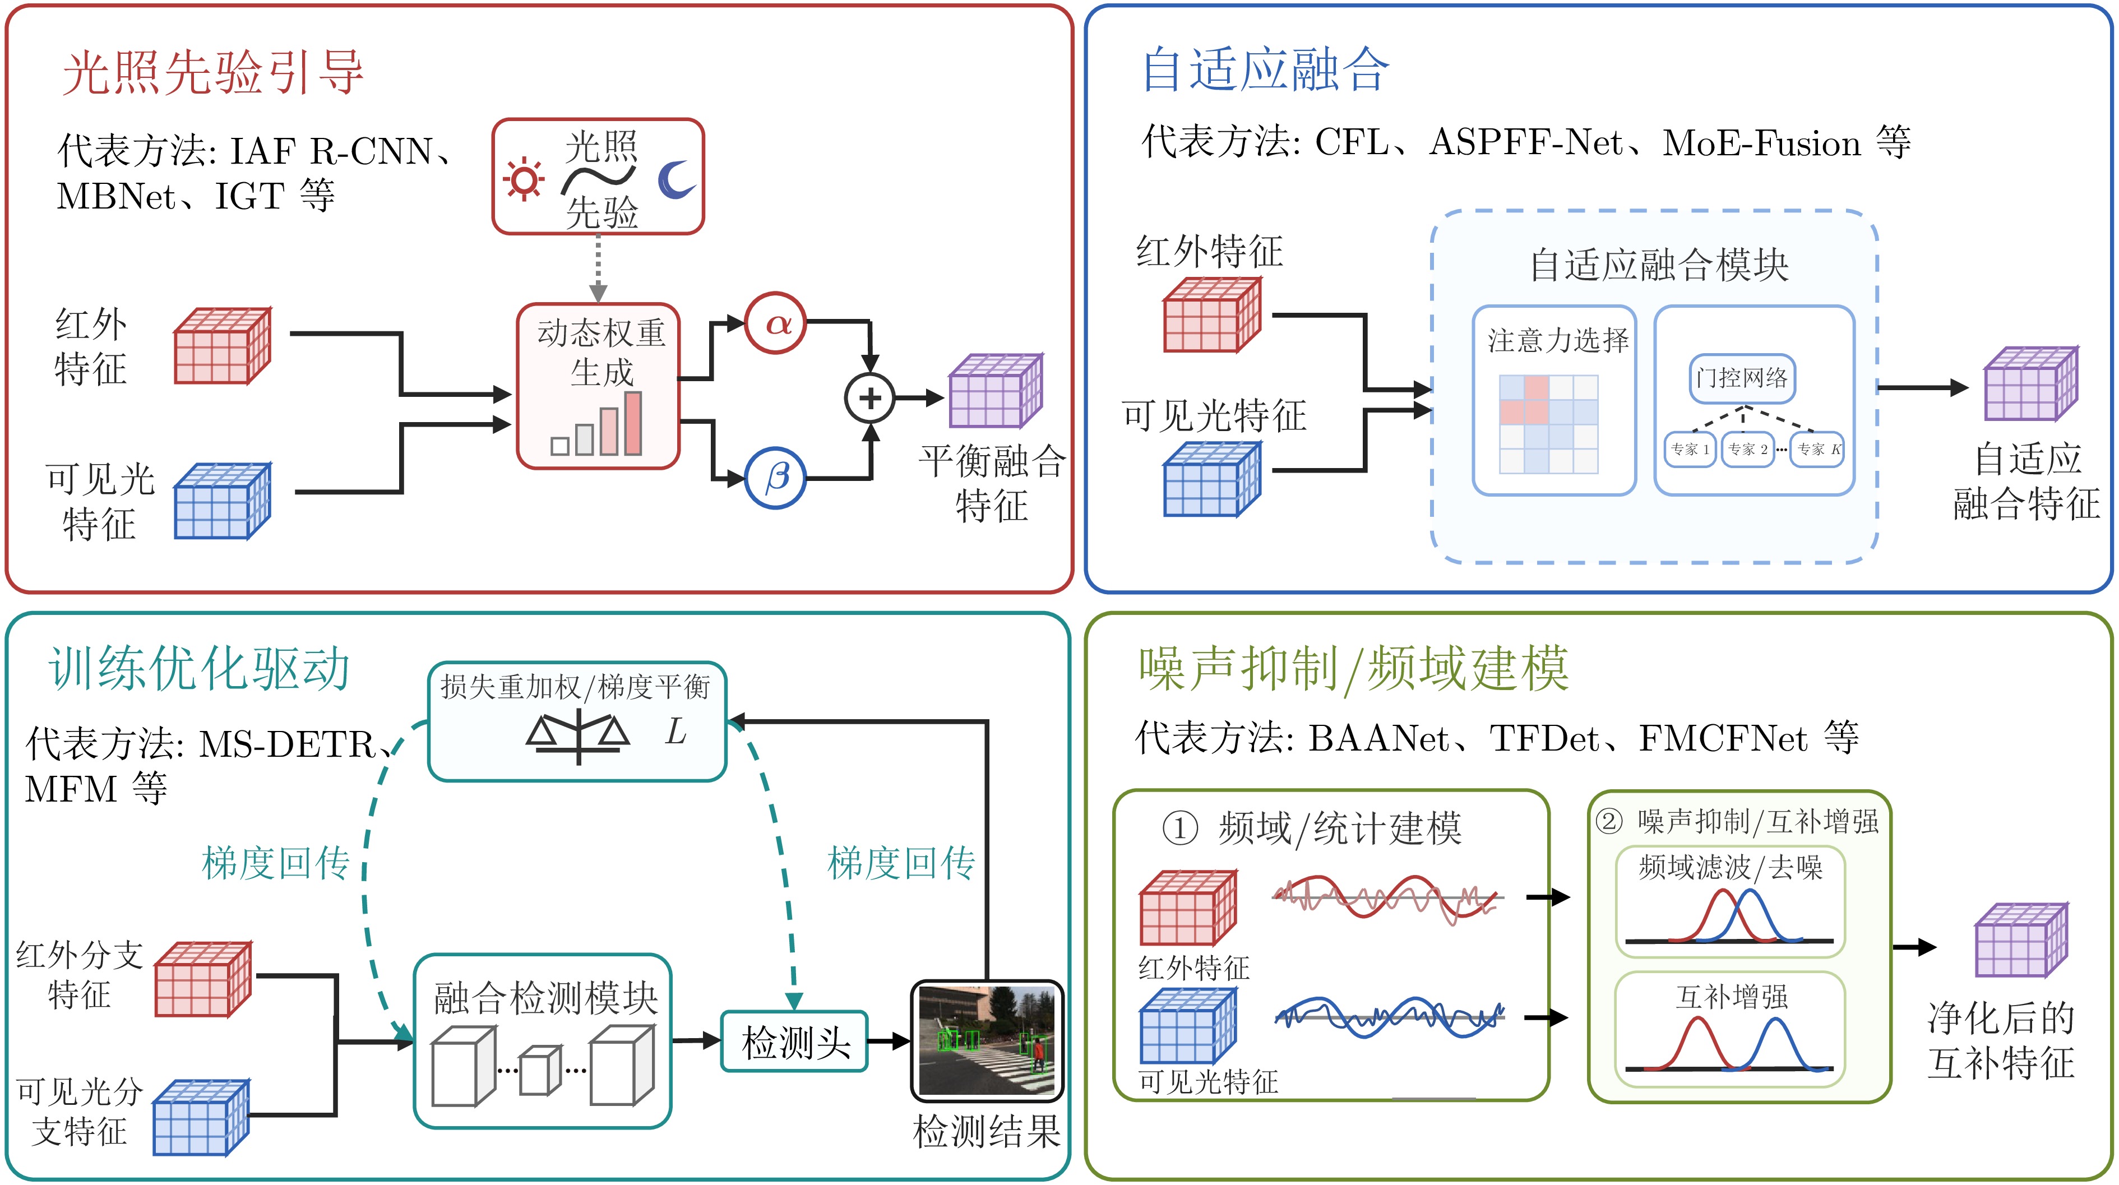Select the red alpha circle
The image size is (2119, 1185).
click(x=776, y=323)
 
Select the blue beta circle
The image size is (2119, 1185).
click(x=776, y=478)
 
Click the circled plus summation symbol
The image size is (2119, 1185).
click(x=869, y=398)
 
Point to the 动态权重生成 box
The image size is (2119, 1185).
click(x=598, y=386)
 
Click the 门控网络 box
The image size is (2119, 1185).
click(x=1742, y=378)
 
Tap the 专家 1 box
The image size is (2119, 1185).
click(x=1690, y=449)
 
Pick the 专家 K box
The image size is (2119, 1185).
click(x=1817, y=449)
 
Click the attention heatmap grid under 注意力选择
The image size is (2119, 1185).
click(x=1549, y=424)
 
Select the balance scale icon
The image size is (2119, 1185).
click(x=579, y=736)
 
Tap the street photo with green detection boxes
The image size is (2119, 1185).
click(x=987, y=1041)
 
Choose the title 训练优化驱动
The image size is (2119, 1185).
click(x=200, y=668)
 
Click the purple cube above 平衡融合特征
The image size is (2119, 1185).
click(x=996, y=391)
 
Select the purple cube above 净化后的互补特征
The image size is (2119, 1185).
click(x=2021, y=940)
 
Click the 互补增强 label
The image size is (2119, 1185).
click(x=1732, y=997)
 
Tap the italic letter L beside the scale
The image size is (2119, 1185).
click(x=676, y=730)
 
